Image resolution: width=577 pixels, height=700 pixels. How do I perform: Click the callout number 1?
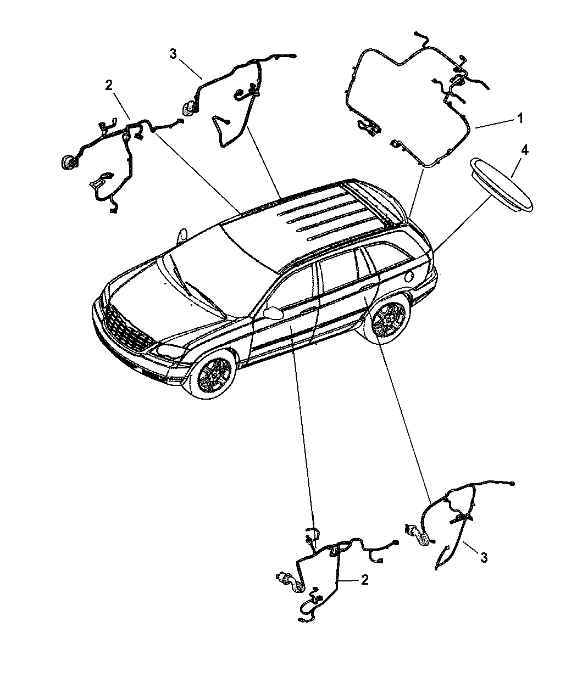[x=520, y=118]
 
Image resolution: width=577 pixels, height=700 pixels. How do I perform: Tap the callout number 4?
[x=524, y=150]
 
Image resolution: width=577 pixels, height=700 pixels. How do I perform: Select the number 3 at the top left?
[x=173, y=54]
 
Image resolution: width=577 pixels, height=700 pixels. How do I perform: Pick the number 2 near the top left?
[x=109, y=86]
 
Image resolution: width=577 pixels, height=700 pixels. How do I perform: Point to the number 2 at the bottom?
[x=364, y=580]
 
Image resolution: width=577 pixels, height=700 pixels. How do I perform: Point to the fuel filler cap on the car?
[x=410, y=276]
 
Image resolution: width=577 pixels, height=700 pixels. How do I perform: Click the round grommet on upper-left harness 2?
[x=69, y=163]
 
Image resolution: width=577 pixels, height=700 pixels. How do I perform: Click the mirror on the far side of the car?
[x=183, y=234]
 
